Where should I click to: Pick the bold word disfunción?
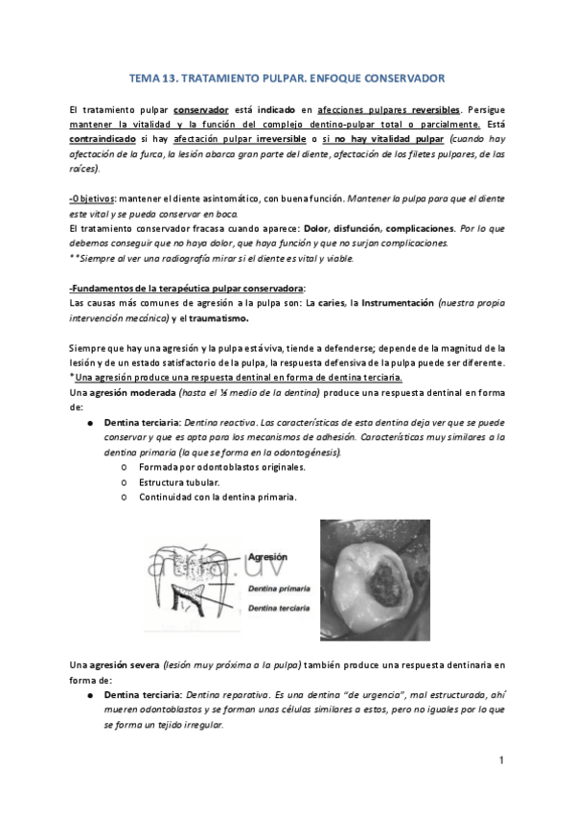pyautogui.click(x=366, y=229)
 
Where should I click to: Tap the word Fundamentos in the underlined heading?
pyautogui.click(x=106, y=289)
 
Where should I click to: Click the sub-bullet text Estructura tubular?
pyautogui.click(x=179, y=482)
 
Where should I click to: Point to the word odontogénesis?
pyautogui.click(x=307, y=452)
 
